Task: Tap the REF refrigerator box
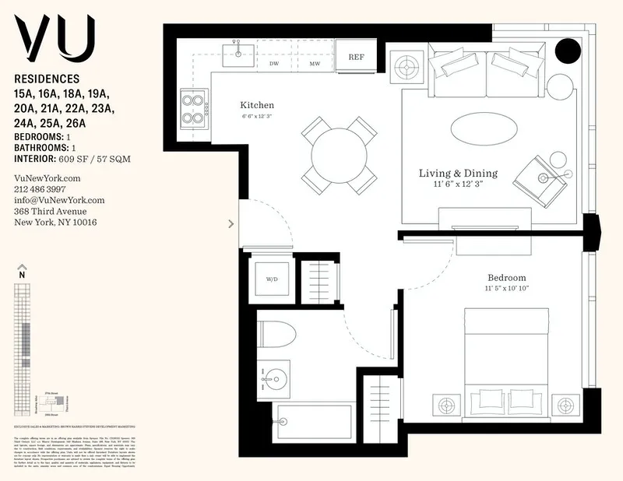pos(356,57)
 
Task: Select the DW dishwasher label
pos(274,64)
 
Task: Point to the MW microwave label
pos(315,64)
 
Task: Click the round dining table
pos(339,155)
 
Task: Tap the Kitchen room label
pos(257,105)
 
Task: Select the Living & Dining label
pos(458,173)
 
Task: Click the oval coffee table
pos(483,128)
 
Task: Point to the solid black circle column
pos(567,52)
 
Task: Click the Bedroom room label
pos(506,278)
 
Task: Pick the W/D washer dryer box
pos(273,278)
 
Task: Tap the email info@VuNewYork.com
pos(59,200)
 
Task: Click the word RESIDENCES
pos(47,79)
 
